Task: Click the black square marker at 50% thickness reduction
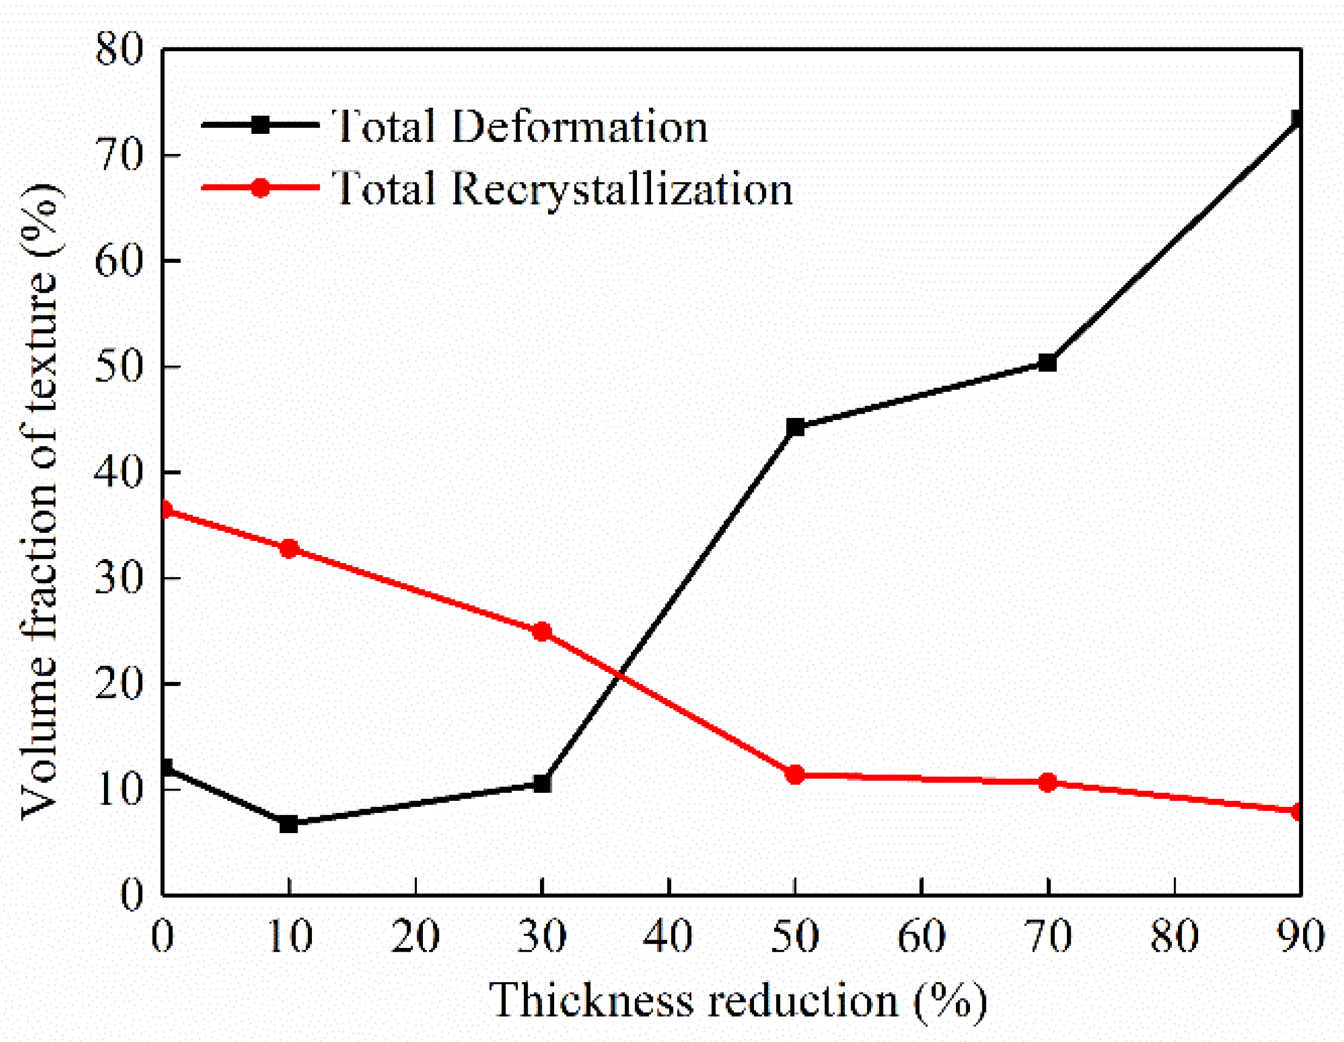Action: (795, 427)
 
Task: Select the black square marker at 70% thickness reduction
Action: (1047, 363)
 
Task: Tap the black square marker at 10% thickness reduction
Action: (289, 824)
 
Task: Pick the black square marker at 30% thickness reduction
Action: (542, 784)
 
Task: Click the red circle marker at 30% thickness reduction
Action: (542, 632)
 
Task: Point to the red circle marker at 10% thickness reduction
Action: (289, 548)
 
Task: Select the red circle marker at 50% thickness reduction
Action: (795, 775)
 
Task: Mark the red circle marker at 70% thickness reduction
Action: (1047, 782)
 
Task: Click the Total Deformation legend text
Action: (520, 127)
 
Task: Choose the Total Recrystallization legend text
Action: (562, 189)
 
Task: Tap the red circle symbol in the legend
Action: (261, 188)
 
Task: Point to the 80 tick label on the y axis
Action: (119, 49)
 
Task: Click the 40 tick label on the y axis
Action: (119, 472)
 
